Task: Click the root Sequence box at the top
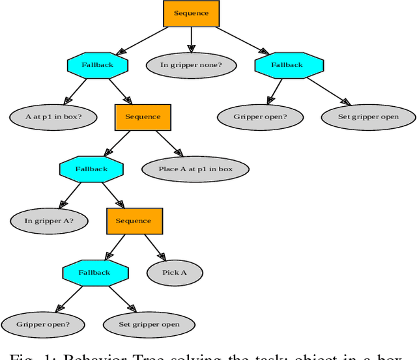click(x=191, y=14)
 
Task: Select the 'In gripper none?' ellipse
click(x=191, y=65)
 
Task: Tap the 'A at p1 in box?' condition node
click(x=53, y=117)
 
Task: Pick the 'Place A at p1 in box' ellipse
click(x=195, y=169)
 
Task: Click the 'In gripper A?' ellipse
click(x=49, y=221)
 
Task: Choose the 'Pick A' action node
click(x=175, y=272)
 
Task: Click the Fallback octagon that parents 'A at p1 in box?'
click(x=98, y=65)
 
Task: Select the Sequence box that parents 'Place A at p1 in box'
click(x=143, y=117)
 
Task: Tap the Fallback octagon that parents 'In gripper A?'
click(x=91, y=169)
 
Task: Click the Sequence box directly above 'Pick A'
click(x=134, y=221)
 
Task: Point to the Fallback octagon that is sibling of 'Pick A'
click(x=94, y=272)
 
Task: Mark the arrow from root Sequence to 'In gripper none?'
click(x=191, y=39)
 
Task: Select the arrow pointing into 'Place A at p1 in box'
click(x=167, y=143)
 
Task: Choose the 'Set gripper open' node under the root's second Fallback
click(x=369, y=117)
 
